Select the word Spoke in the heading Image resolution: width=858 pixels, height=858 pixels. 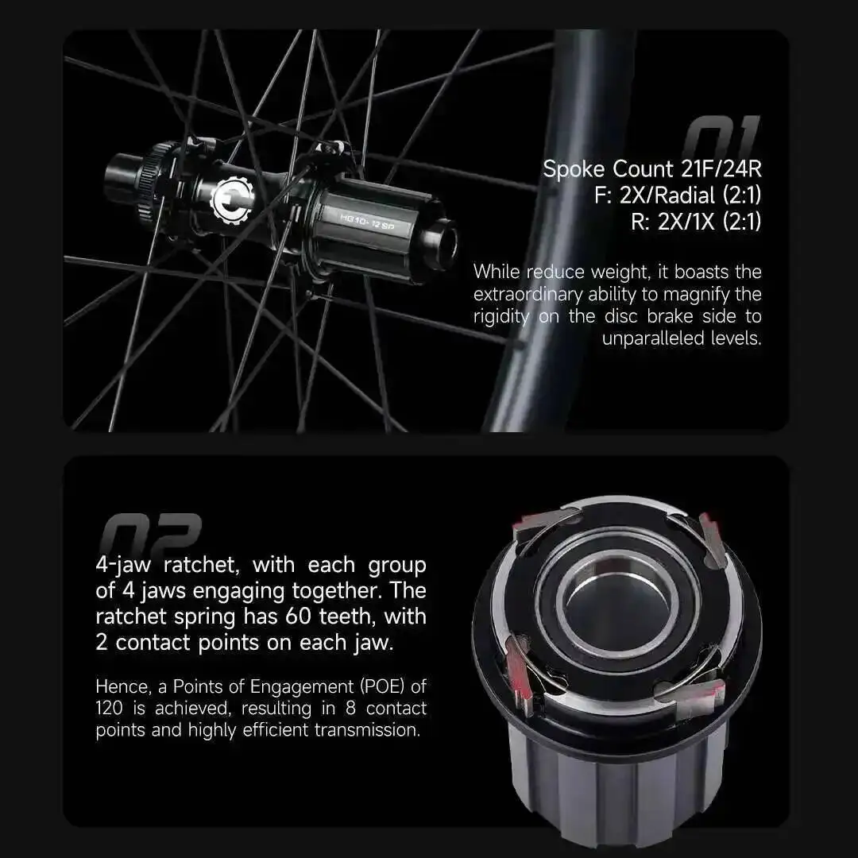(x=574, y=169)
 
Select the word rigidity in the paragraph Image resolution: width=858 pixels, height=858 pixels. (x=504, y=316)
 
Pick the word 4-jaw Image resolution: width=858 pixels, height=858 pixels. (x=127, y=566)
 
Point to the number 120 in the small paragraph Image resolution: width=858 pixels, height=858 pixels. (x=109, y=708)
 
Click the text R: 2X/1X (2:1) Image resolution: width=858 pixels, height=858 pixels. (x=696, y=222)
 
